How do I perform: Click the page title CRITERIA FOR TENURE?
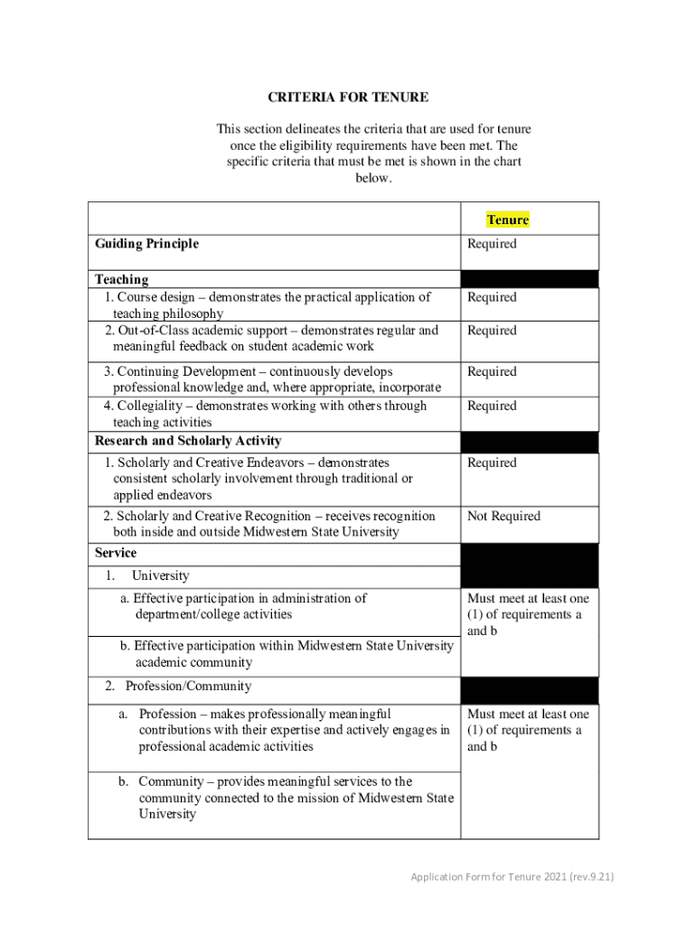[x=348, y=97]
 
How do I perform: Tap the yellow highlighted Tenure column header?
[x=507, y=220]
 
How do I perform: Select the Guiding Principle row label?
[x=146, y=243]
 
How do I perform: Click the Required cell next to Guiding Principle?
[x=492, y=243]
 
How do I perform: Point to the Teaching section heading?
[x=121, y=279]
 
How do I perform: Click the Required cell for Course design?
[x=492, y=297]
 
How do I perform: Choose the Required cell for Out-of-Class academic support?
[x=492, y=331]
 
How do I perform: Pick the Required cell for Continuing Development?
[x=492, y=371]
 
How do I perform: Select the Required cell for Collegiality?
[x=492, y=406]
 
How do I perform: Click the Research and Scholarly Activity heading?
[x=188, y=441]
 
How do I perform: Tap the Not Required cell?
[x=503, y=516]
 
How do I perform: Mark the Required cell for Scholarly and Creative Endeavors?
[x=492, y=462]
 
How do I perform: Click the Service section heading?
[x=116, y=552]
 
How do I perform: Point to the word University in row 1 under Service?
[x=160, y=575]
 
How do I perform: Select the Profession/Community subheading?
[x=188, y=686]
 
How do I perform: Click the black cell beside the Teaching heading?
[x=529, y=278]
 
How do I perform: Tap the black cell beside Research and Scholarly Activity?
[x=529, y=442]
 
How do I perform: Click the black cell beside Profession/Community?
[x=529, y=689]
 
